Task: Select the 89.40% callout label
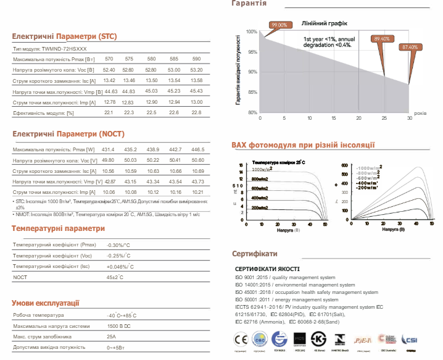click(381, 39)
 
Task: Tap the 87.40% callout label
click(410, 47)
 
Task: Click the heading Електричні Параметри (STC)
click(65, 36)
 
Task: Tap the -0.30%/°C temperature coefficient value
click(119, 245)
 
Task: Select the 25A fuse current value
click(111, 337)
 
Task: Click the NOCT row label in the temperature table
click(20, 278)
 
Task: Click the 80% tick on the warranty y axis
click(251, 113)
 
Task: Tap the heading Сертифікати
click(254, 254)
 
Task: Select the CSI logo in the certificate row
click(410, 340)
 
